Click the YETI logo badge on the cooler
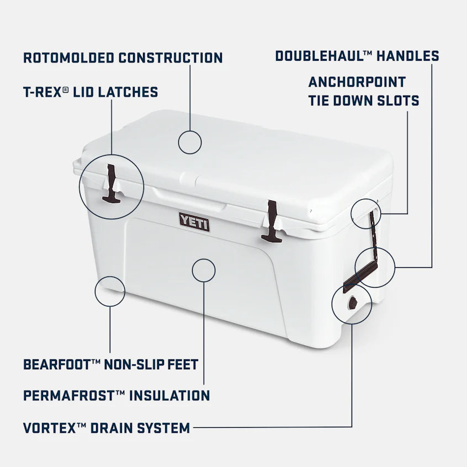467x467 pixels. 194,222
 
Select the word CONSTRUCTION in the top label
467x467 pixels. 171,58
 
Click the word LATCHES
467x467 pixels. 128,92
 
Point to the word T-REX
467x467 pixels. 42,92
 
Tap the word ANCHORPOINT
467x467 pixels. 357,82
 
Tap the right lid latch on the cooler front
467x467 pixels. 272,221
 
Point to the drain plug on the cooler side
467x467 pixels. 351,303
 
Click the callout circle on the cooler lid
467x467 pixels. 190,142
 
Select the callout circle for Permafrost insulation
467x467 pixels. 204,270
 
